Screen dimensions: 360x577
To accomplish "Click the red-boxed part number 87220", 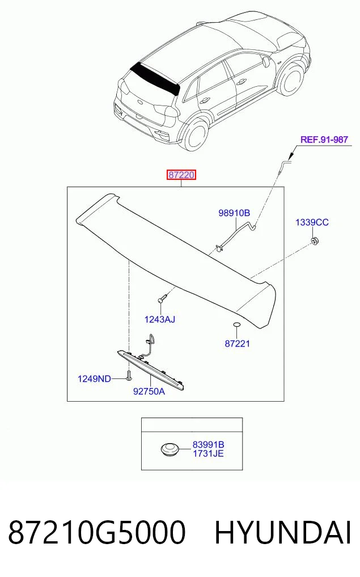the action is point(181,175).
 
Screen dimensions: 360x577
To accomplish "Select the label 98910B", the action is point(234,213).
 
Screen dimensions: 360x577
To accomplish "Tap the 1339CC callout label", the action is point(312,222).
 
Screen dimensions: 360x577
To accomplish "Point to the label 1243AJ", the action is point(160,319).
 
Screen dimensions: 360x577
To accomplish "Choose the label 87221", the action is point(237,344).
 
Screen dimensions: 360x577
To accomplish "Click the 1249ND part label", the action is point(94,378).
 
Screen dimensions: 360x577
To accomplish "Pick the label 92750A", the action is point(149,391).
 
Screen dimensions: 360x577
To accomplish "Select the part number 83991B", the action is point(208,445).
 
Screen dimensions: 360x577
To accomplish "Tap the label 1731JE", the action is point(208,454).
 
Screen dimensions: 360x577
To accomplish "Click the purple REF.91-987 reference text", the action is point(324,140).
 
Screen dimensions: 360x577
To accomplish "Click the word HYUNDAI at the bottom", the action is point(283,533).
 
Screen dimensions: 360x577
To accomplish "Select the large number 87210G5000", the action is point(97,533).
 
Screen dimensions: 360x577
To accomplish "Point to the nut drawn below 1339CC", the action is point(315,241).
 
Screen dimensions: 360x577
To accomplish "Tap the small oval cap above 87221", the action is point(237,325).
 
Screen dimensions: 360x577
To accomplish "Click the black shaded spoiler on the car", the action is point(155,78).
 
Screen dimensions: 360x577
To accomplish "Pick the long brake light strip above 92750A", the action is point(150,369).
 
